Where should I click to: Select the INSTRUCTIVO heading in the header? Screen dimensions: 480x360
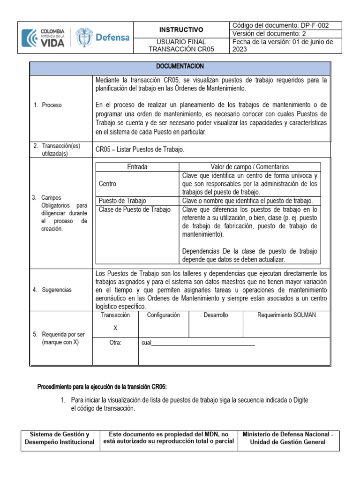[182, 30]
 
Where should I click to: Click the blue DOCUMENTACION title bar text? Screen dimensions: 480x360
[180, 67]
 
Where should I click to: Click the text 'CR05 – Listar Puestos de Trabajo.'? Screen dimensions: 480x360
[140, 150]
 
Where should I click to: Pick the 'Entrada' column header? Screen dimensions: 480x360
[137, 167]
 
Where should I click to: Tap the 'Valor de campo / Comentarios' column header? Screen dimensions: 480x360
[250, 167]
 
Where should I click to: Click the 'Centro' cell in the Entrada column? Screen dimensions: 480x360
[108, 184]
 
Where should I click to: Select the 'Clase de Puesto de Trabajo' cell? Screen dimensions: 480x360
[135, 210]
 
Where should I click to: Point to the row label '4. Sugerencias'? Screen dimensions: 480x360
[52, 290]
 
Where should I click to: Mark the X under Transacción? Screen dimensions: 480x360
[115, 328]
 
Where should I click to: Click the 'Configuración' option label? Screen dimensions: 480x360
[163, 315]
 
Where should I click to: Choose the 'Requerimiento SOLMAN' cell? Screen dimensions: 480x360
[287, 315]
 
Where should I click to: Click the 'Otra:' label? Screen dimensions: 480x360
[115, 343]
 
